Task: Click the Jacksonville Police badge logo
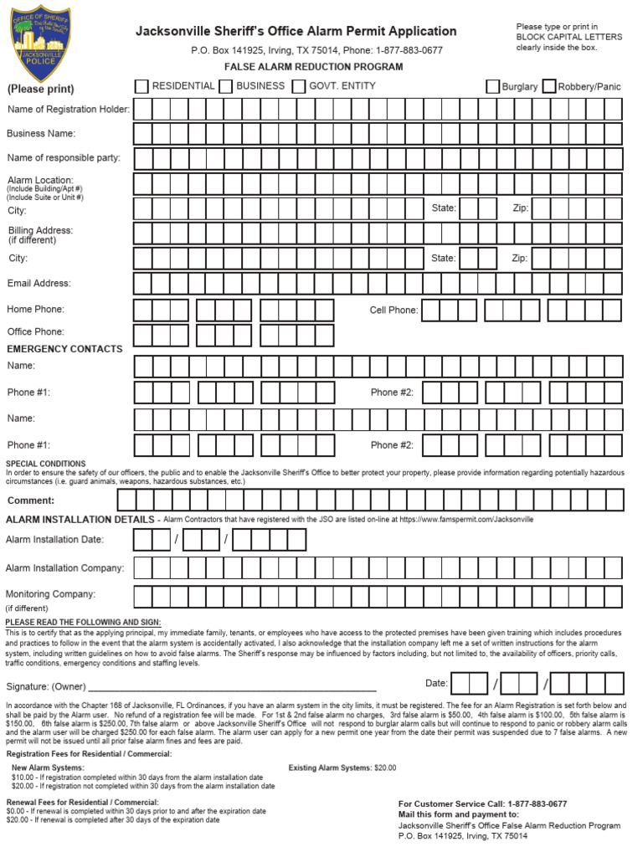tap(40, 43)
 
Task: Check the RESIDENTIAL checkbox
tap(142, 86)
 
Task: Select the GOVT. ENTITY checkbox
tap(299, 86)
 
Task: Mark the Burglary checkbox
tap(493, 86)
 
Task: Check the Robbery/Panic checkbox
tap(549, 86)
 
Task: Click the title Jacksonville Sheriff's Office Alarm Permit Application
tap(296, 32)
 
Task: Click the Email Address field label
tap(39, 284)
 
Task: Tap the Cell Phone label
tap(394, 310)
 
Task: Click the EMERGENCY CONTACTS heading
tap(64, 349)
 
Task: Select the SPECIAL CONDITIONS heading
tap(46, 464)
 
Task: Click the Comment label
tap(31, 500)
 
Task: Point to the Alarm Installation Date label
tap(55, 540)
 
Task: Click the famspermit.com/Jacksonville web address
tap(466, 520)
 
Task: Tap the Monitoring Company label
tap(51, 594)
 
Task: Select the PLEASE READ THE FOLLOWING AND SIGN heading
tap(83, 623)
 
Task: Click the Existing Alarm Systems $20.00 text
tap(342, 767)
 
